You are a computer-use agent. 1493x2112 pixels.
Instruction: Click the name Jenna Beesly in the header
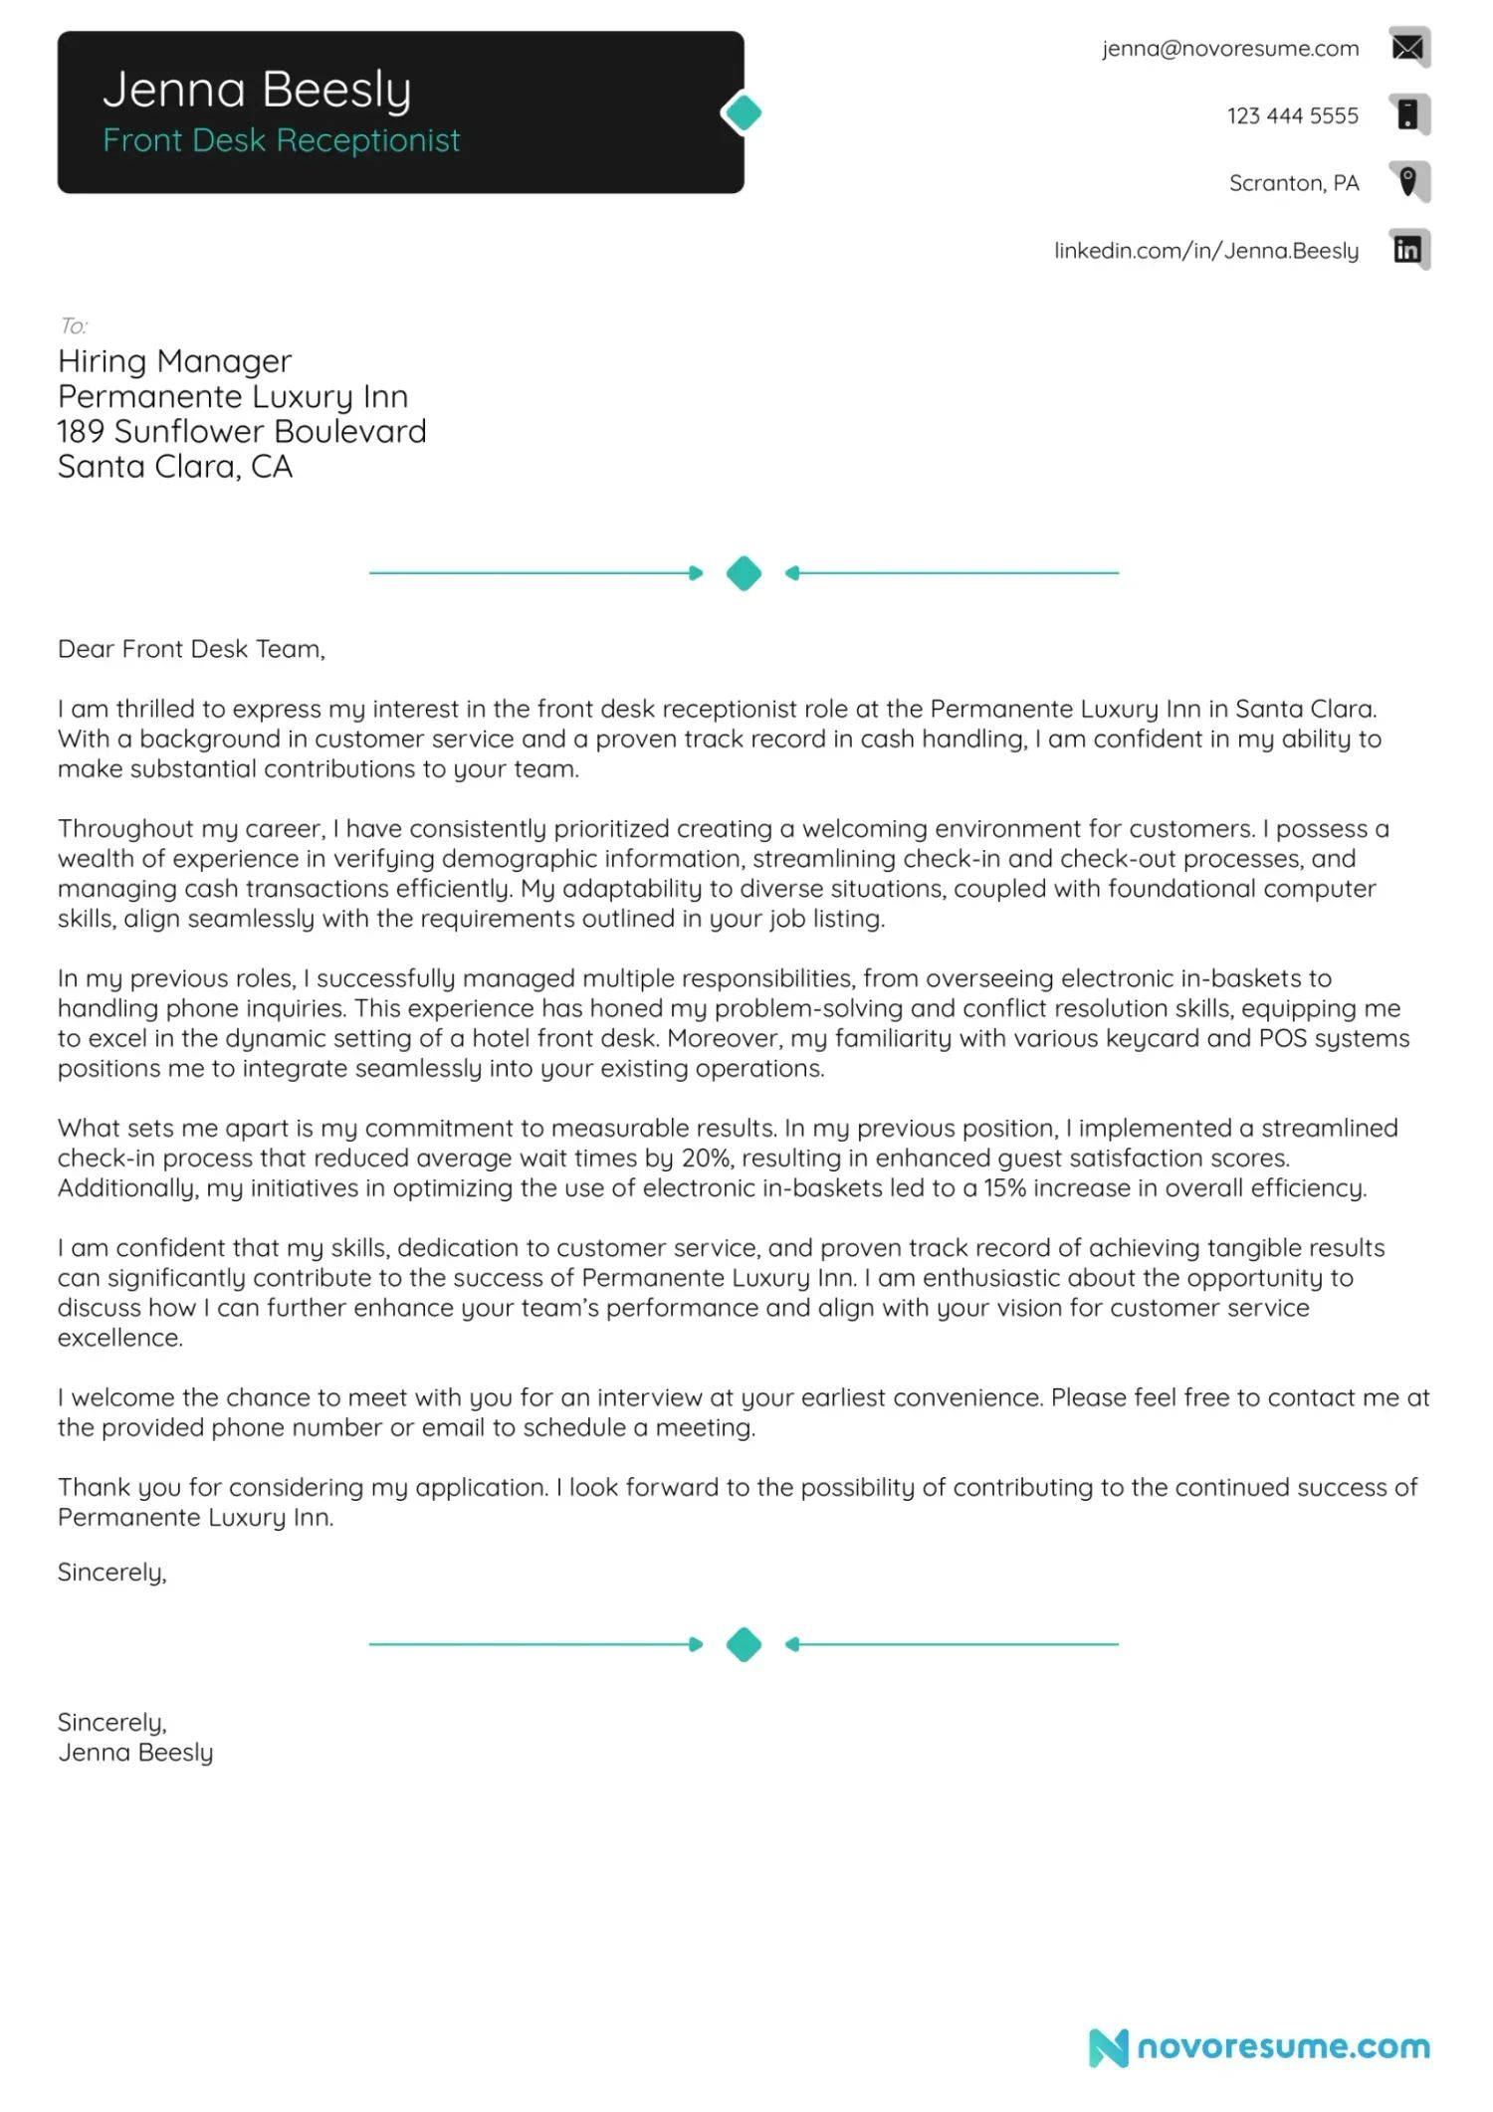(x=257, y=90)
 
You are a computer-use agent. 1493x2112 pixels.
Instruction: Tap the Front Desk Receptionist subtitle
(x=281, y=140)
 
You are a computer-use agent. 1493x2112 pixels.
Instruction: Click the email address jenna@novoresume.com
(x=1229, y=49)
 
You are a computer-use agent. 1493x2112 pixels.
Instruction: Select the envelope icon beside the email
(x=1407, y=47)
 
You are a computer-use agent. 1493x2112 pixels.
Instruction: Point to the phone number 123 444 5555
(x=1291, y=115)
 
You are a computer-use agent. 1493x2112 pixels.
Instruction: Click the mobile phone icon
(x=1407, y=114)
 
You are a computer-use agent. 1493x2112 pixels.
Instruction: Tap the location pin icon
(x=1407, y=182)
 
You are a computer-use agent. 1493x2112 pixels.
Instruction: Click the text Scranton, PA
(x=1293, y=183)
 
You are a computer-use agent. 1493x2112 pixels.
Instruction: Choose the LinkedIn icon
(x=1407, y=250)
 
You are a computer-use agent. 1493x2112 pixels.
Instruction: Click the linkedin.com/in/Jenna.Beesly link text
(x=1205, y=251)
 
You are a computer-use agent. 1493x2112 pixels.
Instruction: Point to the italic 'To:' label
(x=73, y=325)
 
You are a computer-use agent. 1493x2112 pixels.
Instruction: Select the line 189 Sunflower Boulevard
(x=242, y=432)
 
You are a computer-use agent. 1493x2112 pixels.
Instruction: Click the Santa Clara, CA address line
(x=175, y=467)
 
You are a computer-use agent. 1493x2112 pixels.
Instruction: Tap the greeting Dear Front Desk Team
(x=191, y=649)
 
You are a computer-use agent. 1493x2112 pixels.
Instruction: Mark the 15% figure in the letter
(x=1004, y=1188)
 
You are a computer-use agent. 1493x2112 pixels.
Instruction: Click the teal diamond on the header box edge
(x=743, y=112)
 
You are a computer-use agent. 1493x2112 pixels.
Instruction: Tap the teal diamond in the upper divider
(x=744, y=573)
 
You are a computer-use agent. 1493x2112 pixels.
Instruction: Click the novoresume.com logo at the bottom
(x=1259, y=2047)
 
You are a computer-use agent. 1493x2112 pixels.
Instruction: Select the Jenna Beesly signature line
(x=135, y=1753)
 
